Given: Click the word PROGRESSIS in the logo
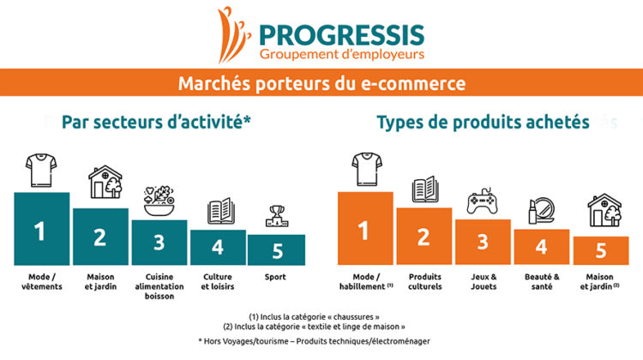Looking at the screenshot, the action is coord(342,35).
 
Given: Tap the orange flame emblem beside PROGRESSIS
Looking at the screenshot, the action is coord(232,35).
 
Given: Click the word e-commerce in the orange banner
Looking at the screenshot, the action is coord(413,83).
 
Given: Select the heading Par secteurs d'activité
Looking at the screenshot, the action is coord(156,123).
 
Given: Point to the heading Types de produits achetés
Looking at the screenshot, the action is coord(483,123).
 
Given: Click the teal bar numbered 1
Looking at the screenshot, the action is coord(42,229).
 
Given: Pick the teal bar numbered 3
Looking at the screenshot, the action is coord(159,243).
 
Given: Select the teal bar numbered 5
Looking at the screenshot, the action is coord(276,249).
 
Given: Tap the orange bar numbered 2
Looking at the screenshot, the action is coord(424,237).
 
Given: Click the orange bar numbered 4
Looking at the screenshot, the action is coord(542,247).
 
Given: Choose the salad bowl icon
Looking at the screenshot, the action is coord(159,201).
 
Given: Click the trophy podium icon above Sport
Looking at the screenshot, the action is coord(277,216).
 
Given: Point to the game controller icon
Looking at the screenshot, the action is coord(482,201).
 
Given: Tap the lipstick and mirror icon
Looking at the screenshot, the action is coord(541,211).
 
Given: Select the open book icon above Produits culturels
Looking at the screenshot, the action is coord(425,189).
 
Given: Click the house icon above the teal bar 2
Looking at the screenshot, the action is coord(105,182).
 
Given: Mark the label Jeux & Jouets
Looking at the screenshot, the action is coord(484,282).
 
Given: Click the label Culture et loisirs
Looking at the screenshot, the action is coord(218,282).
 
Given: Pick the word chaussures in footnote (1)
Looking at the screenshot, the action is coord(353,317).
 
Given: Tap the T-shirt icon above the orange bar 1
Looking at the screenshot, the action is coord(367,170).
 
